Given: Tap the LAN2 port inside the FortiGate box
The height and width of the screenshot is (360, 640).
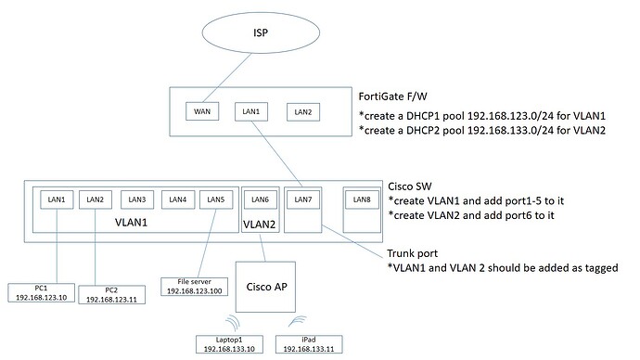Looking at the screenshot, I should (302, 112).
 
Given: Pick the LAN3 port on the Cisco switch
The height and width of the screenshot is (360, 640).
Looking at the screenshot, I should (137, 199).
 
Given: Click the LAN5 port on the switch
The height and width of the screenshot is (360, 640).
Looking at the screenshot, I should (217, 199).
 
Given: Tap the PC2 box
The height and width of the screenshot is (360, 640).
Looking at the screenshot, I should (111, 296).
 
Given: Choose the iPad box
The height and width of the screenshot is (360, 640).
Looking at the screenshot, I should (308, 343).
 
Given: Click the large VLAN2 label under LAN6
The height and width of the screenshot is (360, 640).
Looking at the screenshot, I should (259, 225).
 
